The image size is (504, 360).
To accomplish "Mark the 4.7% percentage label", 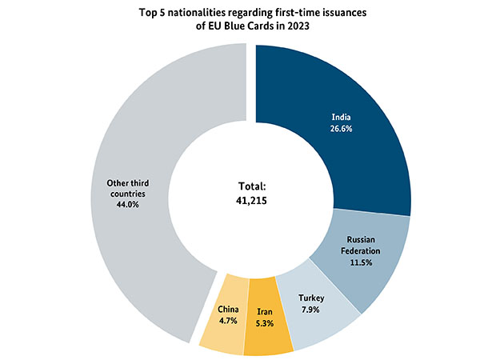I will tap(228, 320).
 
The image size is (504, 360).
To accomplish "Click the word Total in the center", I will tap(251, 186).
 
